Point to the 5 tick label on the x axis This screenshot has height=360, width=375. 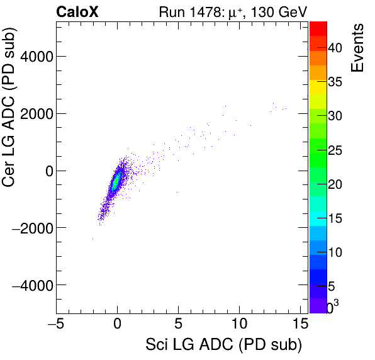[179, 325]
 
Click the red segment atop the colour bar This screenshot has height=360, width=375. [318, 27]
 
